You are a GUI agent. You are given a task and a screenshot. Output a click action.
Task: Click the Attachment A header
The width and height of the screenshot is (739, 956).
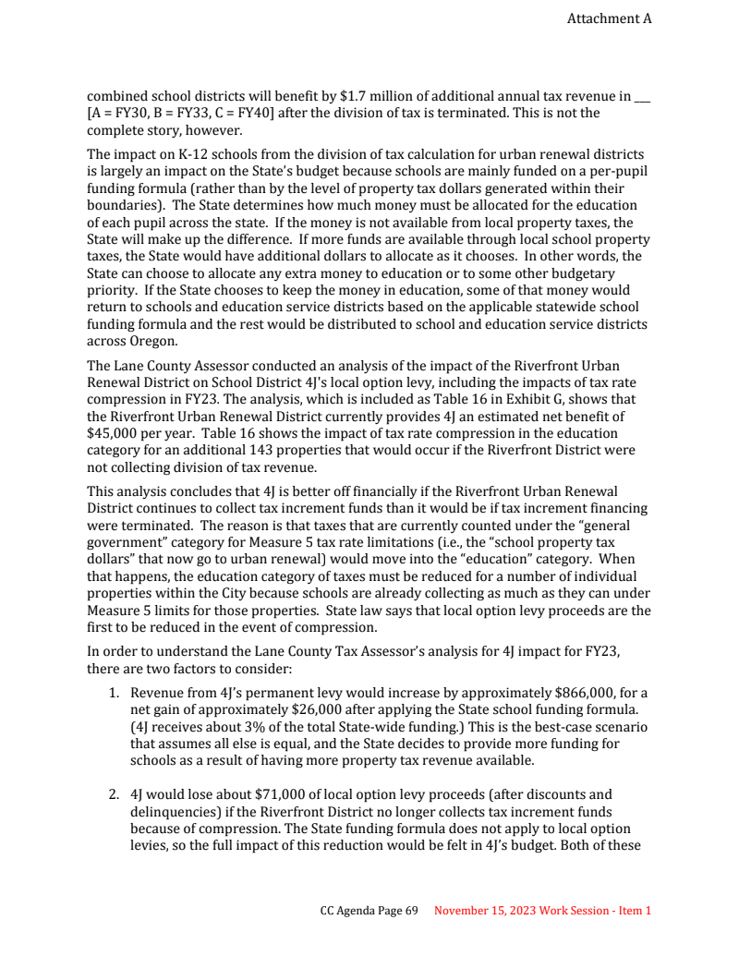pos(609,18)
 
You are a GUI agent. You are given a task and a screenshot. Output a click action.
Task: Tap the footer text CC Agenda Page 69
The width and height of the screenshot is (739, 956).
pos(369,911)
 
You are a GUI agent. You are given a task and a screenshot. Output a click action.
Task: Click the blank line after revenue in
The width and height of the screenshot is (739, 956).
pos(643,96)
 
